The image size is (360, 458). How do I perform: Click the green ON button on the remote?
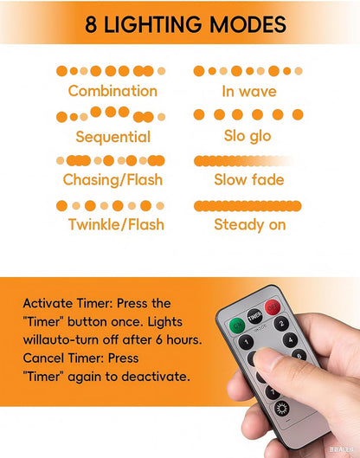pyautogui.click(x=237, y=325)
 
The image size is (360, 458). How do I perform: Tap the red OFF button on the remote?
pyautogui.click(x=273, y=307)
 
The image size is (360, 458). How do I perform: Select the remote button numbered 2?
pyautogui.click(x=281, y=324)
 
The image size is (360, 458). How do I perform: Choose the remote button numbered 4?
pyautogui.click(x=291, y=340)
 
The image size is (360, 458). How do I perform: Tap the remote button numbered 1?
pyautogui.click(x=247, y=342)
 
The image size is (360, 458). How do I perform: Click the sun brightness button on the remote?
pyautogui.click(x=282, y=408)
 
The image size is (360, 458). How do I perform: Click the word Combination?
pyautogui.click(x=112, y=91)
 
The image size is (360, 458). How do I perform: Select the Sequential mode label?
pyautogui.click(x=113, y=137)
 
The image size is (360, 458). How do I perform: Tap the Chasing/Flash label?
pyautogui.click(x=112, y=179)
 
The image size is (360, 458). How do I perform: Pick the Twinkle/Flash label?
pyautogui.click(x=116, y=224)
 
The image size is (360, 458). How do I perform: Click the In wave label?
pyautogui.click(x=249, y=91)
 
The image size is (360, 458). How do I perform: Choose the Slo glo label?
pyautogui.click(x=247, y=136)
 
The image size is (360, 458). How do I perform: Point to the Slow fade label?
pyautogui.click(x=249, y=179)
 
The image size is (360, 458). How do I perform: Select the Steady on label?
pyautogui.click(x=250, y=225)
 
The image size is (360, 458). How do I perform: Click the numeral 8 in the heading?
pyautogui.click(x=91, y=24)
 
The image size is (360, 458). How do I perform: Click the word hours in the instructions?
pyautogui.click(x=184, y=339)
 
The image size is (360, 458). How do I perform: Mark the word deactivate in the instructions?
pyautogui.click(x=156, y=377)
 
